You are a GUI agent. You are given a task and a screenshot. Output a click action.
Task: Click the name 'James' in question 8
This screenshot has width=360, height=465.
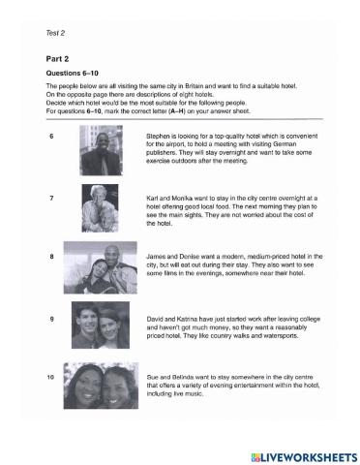(x=156, y=256)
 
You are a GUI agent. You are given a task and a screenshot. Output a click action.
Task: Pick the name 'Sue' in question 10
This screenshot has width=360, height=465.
(x=152, y=374)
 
